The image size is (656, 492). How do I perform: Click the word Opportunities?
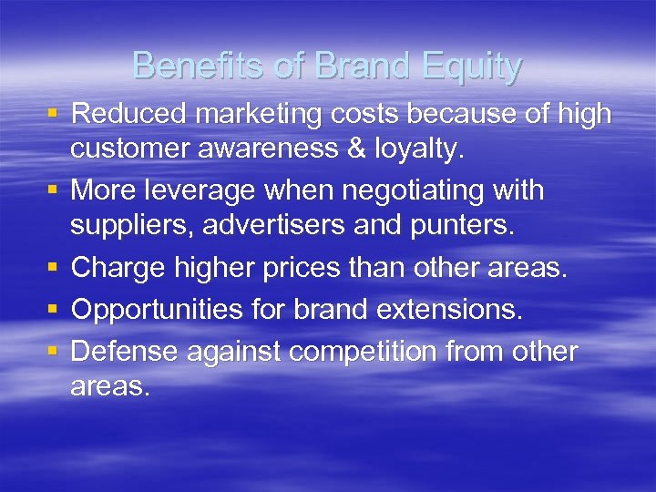(x=152, y=309)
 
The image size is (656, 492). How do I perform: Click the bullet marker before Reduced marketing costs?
(x=54, y=114)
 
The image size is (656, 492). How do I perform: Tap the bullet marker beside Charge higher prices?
(x=54, y=269)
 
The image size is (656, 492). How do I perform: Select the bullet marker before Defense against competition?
(x=54, y=351)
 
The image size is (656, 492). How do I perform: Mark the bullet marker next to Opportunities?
(x=54, y=310)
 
